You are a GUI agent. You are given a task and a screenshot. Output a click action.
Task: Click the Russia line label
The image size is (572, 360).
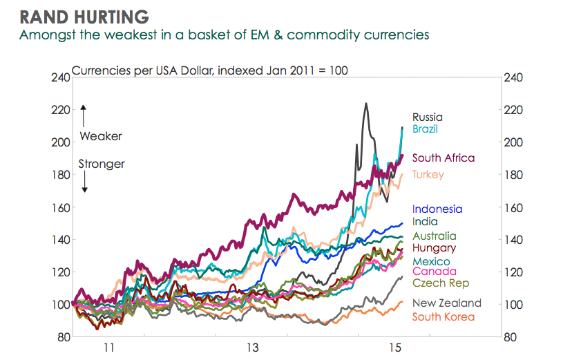click(x=428, y=117)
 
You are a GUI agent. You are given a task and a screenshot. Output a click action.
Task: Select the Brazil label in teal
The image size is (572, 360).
click(x=425, y=129)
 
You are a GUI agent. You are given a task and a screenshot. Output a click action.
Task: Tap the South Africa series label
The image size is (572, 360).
click(x=444, y=158)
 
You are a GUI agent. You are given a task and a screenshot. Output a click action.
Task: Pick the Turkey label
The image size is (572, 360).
click(x=428, y=175)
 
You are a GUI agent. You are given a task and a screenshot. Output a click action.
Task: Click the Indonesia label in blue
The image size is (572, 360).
click(x=437, y=209)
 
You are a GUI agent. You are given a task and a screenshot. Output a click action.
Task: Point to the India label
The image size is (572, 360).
click(x=424, y=222)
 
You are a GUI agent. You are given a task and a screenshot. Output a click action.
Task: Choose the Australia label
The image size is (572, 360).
click(x=434, y=236)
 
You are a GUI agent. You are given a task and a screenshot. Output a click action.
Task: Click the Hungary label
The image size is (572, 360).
click(x=434, y=248)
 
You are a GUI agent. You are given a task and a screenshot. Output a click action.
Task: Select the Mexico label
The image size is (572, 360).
click(x=431, y=261)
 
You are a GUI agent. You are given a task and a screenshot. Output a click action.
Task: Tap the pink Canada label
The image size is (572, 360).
click(x=432, y=272)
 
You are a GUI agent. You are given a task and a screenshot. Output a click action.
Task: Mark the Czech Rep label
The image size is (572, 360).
click(x=441, y=283)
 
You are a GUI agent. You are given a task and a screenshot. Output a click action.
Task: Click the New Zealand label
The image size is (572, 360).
click(x=447, y=303)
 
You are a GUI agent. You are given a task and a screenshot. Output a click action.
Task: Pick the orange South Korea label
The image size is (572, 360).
click(x=444, y=316)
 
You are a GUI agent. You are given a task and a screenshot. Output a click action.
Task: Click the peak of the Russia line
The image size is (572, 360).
click(x=365, y=104)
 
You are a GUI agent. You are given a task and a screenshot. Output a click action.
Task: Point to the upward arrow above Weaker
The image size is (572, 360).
click(x=83, y=114)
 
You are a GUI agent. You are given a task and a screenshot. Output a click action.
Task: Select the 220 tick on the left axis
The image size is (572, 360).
click(x=60, y=110)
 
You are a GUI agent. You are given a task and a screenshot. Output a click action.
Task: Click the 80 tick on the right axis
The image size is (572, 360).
click(x=511, y=337)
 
